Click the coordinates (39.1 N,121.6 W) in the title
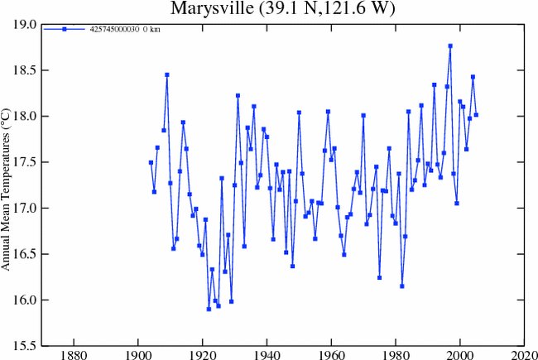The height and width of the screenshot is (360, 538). [315, 9]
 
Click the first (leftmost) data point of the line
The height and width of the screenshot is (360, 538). [151, 162]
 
